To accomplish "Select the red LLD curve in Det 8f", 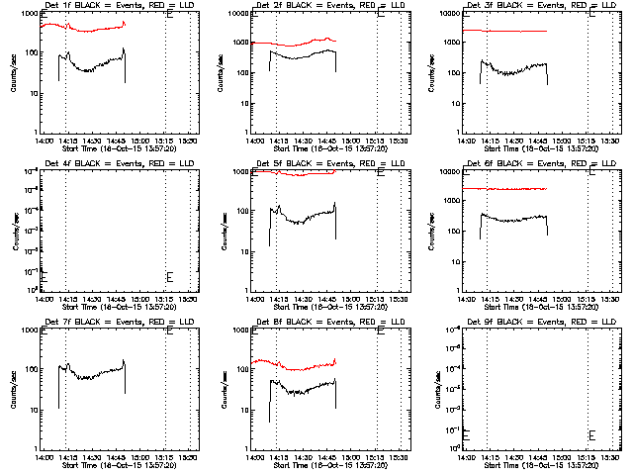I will coord(297,365).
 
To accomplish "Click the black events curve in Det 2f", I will coord(297,56).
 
